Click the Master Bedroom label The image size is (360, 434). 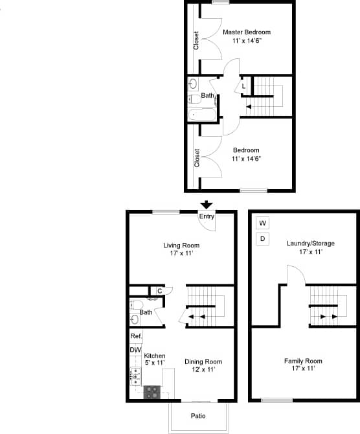pyautogui.click(x=247, y=32)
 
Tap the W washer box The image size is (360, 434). pyautogui.click(x=263, y=223)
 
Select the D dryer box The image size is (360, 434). pyautogui.click(x=263, y=239)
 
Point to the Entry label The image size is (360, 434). pyautogui.click(x=207, y=216)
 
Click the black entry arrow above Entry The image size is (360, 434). pyautogui.click(x=207, y=205)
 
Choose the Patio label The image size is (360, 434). pyautogui.click(x=198, y=415)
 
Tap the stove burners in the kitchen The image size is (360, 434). pyautogui.click(x=152, y=391)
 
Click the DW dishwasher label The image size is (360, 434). pyautogui.click(x=135, y=350)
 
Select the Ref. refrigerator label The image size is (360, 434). pyautogui.click(x=136, y=336)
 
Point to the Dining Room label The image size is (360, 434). pyautogui.click(x=203, y=361)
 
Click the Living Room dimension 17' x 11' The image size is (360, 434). pyautogui.click(x=181, y=253)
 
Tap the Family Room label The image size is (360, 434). pyautogui.click(x=303, y=361)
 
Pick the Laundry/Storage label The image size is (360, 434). pyautogui.click(x=311, y=243)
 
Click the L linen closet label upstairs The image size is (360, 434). pyautogui.click(x=243, y=86)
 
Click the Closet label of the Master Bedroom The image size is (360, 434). pyautogui.click(x=196, y=41)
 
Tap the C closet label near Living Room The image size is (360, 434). pyautogui.click(x=159, y=290)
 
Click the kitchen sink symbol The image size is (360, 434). pyautogui.click(x=136, y=375)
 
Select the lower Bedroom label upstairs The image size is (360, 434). pyautogui.click(x=247, y=150)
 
